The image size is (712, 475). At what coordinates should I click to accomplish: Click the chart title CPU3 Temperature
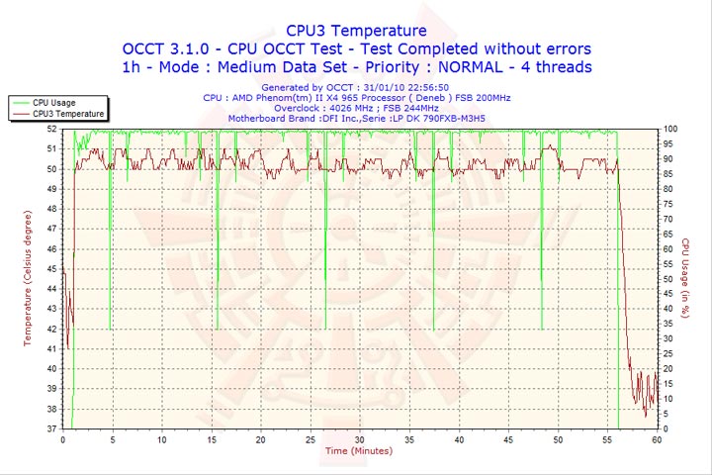[356, 31]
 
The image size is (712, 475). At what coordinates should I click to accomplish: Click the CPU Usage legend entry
[53, 102]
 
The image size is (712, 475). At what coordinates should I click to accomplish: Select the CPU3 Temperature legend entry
[67, 114]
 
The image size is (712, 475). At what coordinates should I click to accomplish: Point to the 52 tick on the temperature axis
[52, 129]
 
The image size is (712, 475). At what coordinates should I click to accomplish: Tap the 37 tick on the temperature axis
[52, 428]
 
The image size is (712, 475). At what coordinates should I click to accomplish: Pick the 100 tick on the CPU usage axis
[669, 129]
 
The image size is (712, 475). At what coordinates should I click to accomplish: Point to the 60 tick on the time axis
[657, 439]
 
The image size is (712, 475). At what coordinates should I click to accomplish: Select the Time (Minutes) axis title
[358, 451]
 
